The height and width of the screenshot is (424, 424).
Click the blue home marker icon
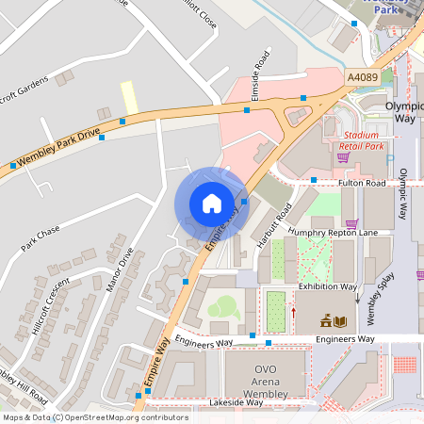point(212,203)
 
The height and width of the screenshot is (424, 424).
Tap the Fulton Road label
point(363,183)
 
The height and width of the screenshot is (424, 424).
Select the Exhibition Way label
point(327,285)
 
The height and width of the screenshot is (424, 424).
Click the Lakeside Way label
point(236,402)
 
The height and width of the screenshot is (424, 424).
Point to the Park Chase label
point(41,239)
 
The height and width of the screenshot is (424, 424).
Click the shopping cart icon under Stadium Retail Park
point(342,157)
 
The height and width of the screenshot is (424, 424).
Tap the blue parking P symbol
point(390,160)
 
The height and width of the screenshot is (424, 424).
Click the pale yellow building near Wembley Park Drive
point(129,95)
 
